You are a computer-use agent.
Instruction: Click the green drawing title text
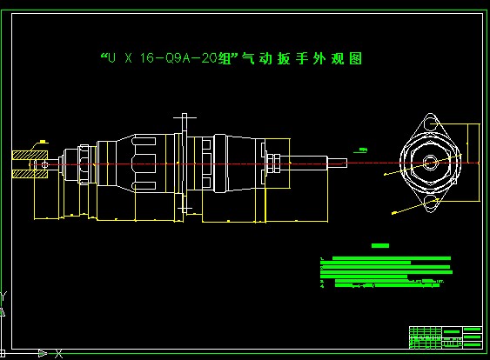(x=231, y=59)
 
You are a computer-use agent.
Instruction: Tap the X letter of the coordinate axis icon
(x=59, y=353)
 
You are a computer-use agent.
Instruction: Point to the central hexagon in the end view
(x=429, y=163)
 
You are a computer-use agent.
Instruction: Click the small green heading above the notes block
(x=380, y=246)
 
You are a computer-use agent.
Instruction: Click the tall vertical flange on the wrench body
(x=185, y=161)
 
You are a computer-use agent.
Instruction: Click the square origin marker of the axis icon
(x=3, y=352)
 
